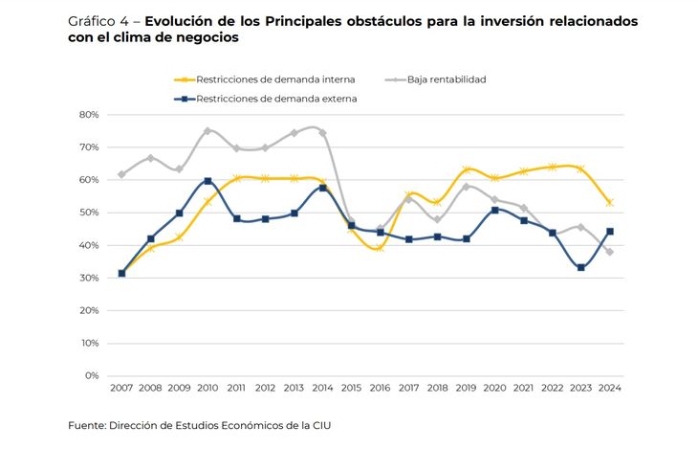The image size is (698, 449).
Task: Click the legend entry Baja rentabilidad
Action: [446, 79]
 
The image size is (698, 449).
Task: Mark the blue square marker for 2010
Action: [207, 181]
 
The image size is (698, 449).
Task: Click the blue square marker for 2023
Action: [580, 267]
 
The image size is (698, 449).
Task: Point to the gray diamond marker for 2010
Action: [207, 131]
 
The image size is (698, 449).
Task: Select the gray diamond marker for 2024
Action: [609, 252]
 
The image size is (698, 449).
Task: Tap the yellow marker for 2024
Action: [609, 202]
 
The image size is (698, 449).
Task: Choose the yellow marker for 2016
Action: [380, 248]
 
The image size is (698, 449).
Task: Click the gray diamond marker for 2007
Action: [121, 174]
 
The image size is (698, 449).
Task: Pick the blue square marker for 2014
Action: [322, 188]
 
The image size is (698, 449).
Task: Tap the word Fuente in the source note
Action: [86, 425]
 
